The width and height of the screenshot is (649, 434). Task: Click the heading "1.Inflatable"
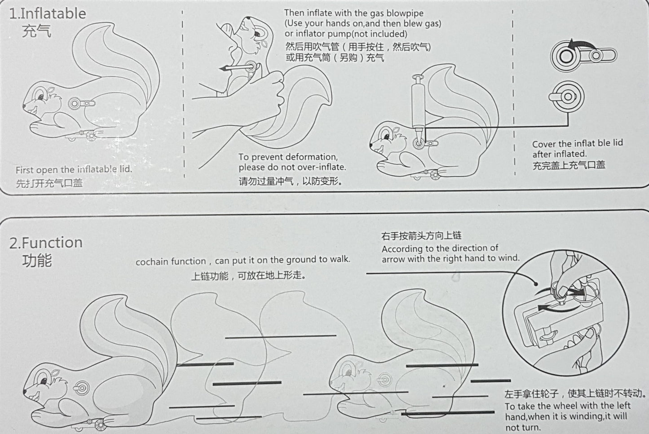pyautogui.click(x=48, y=13)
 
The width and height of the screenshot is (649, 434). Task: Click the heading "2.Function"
pyautogui.click(x=46, y=243)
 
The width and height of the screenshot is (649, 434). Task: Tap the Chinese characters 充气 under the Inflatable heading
pyautogui.click(x=36, y=31)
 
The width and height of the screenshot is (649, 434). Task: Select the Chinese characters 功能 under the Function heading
pyautogui.click(x=36, y=260)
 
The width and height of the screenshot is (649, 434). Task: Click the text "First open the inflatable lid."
pyautogui.click(x=74, y=170)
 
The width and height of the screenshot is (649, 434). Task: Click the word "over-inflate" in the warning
pyautogui.click(x=321, y=167)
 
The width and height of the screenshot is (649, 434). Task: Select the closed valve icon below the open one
pyautogui.click(x=566, y=97)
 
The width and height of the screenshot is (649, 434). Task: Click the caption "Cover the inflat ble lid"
pyautogui.click(x=577, y=143)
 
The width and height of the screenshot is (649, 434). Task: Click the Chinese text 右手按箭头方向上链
pyautogui.click(x=421, y=236)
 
